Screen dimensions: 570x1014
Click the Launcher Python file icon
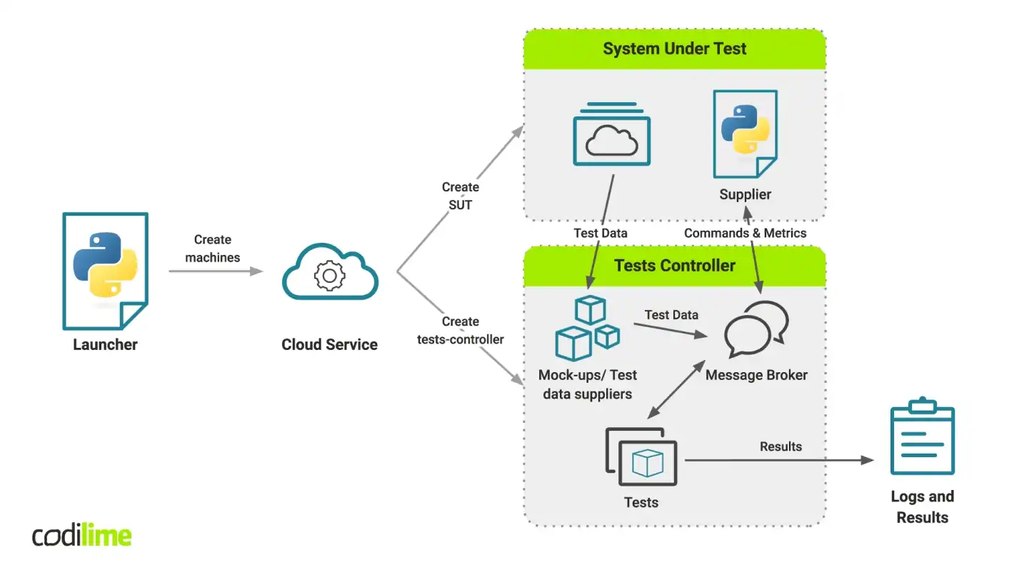point(105,271)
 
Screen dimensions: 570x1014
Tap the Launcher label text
point(105,344)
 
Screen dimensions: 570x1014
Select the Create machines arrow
point(215,271)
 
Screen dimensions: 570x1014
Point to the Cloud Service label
point(329,344)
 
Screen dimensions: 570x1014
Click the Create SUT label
point(461,196)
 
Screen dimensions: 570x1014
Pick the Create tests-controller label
point(461,330)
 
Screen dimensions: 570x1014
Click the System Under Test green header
point(674,49)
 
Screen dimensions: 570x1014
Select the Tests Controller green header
point(674,266)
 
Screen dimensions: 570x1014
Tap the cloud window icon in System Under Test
point(612,136)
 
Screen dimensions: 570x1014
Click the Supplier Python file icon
point(745,134)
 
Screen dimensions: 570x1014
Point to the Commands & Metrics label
point(745,233)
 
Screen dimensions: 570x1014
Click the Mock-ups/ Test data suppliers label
point(587,384)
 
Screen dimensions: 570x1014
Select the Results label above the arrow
point(780,446)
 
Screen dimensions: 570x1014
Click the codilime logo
point(82,536)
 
